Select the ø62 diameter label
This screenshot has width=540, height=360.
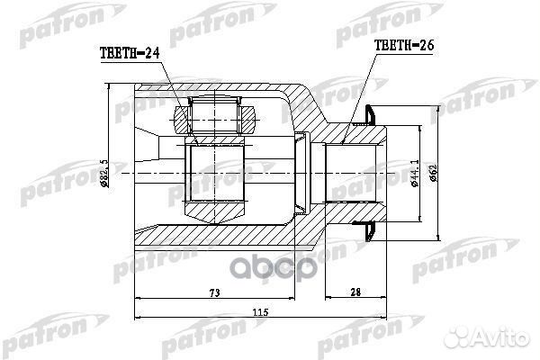(435, 173)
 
